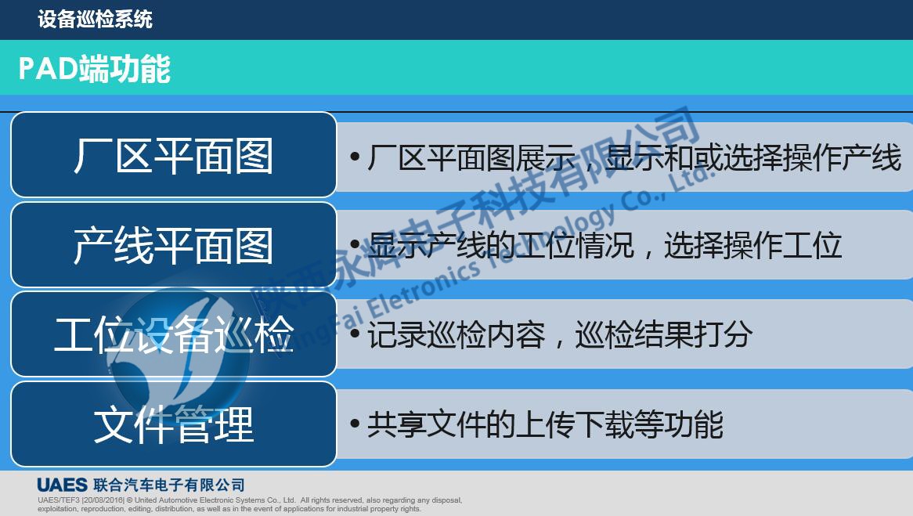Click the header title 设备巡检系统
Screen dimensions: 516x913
coord(95,19)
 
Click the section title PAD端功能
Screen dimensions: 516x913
coord(94,69)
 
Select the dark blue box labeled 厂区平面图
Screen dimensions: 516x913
coord(173,155)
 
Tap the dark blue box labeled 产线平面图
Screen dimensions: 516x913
coord(173,245)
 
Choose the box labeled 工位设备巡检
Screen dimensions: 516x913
coord(173,334)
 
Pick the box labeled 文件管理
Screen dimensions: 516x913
coord(173,424)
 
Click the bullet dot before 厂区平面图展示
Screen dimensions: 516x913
coord(355,157)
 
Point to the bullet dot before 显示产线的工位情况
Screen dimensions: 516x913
coord(355,246)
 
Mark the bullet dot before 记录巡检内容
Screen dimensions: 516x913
coord(355,335)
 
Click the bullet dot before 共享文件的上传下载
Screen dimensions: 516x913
coord(355,424)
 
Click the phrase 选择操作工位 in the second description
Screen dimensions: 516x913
coord(752,246)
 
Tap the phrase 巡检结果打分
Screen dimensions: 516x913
coord(663,335)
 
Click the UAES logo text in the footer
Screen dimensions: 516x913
coord(62,485)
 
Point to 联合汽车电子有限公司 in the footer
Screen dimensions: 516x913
coord(168,485)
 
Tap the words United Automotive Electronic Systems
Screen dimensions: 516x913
coord(207,500)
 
